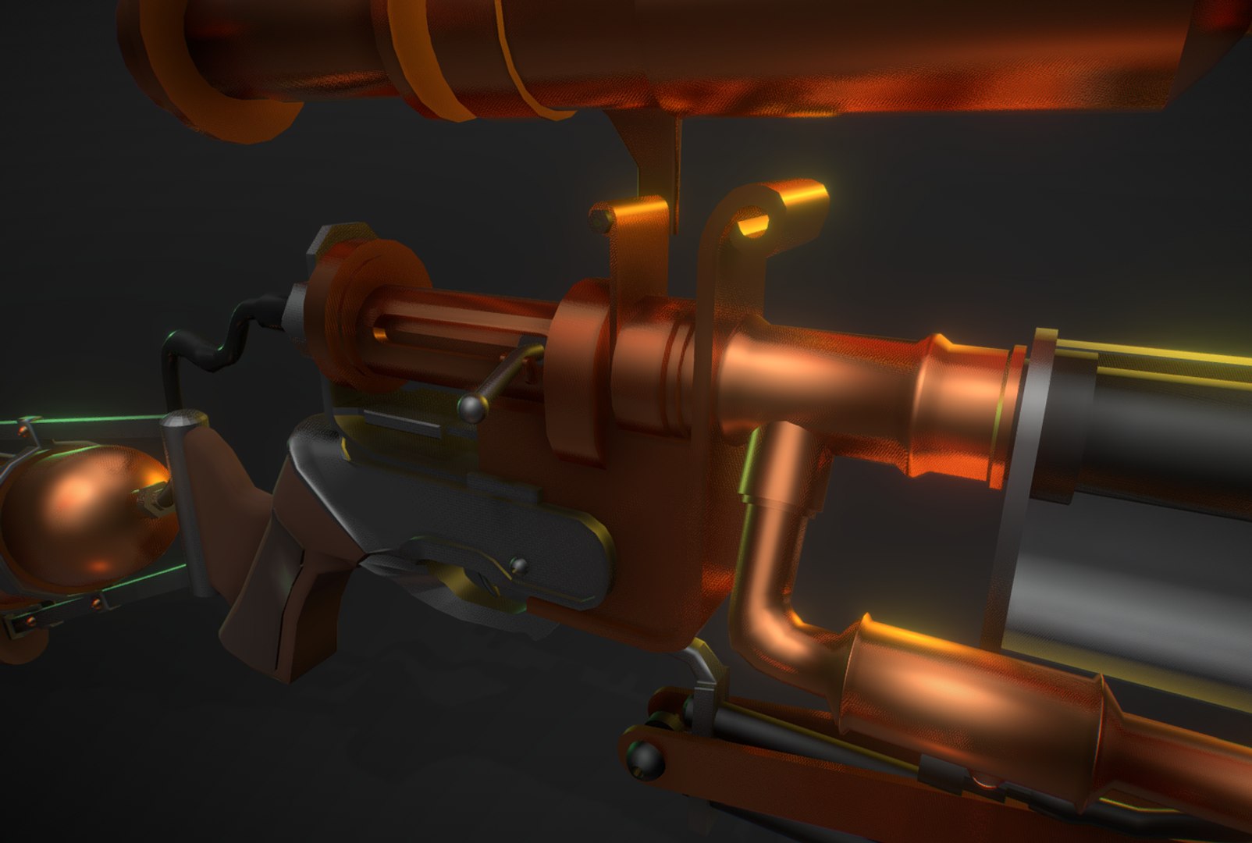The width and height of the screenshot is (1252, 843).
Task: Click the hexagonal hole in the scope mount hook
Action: [752, 225]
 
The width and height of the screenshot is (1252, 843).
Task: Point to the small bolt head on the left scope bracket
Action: [599, 219]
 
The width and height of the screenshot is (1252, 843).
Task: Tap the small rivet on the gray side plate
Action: [517, 565]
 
